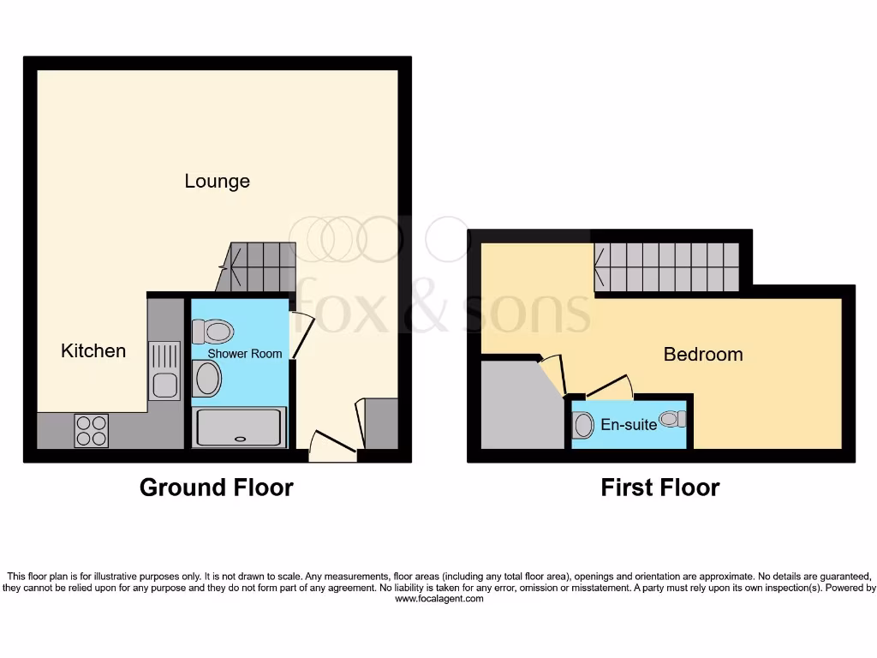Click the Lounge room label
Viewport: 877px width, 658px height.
coord(218,181)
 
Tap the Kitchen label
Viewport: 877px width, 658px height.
coord(93,350)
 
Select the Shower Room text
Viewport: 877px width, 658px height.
coord(244,353)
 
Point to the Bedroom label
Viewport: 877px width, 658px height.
coord(703,354)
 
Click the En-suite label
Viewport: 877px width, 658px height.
coord(629,424)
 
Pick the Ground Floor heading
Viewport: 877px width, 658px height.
coord(216,488)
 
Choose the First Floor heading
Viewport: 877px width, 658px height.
coord(659,488)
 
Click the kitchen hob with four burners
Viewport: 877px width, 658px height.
coord(92,430)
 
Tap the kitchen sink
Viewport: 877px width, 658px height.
coord(164,371)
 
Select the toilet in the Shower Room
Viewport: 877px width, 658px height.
coord(213,332)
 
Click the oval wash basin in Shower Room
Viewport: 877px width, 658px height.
coord(206,378)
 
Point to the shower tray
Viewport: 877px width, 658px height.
coord(240,428)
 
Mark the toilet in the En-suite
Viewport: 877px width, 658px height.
coord(584,425)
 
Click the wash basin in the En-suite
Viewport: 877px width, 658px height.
coord(673,419)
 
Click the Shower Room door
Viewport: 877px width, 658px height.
coord(302,335)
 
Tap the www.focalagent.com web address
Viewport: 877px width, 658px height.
coord(438,599)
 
